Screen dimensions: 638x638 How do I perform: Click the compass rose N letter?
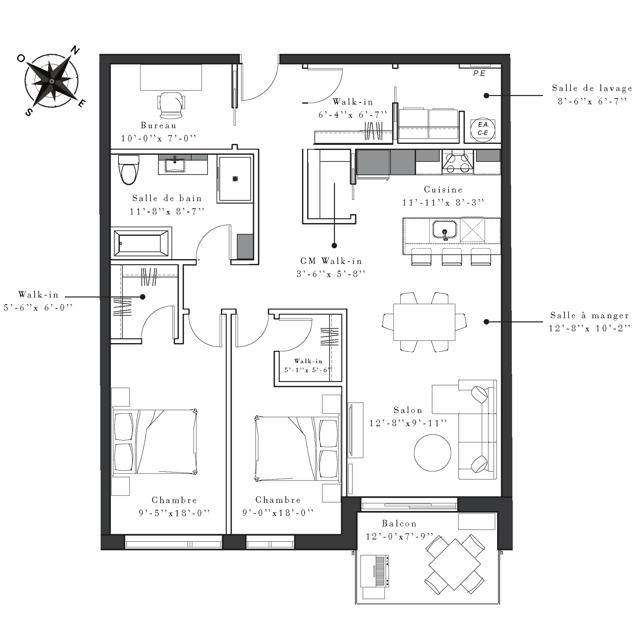click(x=76, y=50)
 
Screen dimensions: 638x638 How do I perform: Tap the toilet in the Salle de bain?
click(x=129, y=169)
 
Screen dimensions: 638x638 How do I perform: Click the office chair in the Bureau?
click(x=171, y=105)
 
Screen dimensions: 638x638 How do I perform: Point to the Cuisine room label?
click(x=443, y=190)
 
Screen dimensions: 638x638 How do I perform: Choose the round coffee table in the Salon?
click(x=432, y=452)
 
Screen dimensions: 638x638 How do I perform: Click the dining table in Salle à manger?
click(x=424, y=322)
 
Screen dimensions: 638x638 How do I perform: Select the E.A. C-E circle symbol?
click(x=483, y=129)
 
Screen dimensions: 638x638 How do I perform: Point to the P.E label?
click(x=479, y=74)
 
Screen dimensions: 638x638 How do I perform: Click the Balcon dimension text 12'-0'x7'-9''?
click(x=399, y=536)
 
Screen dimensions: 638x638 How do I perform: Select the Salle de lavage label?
click(x=592, y=88)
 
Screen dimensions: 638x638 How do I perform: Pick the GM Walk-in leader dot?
click(x=334, y=245)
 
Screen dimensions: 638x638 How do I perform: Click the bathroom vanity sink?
click(x=175, y=165)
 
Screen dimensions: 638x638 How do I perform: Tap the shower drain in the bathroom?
click(x=235, y=179)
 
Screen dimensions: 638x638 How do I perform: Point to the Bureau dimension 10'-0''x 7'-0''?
click(x=158, y=138)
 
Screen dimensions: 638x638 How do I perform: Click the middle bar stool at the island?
click(x=452, y=256)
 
